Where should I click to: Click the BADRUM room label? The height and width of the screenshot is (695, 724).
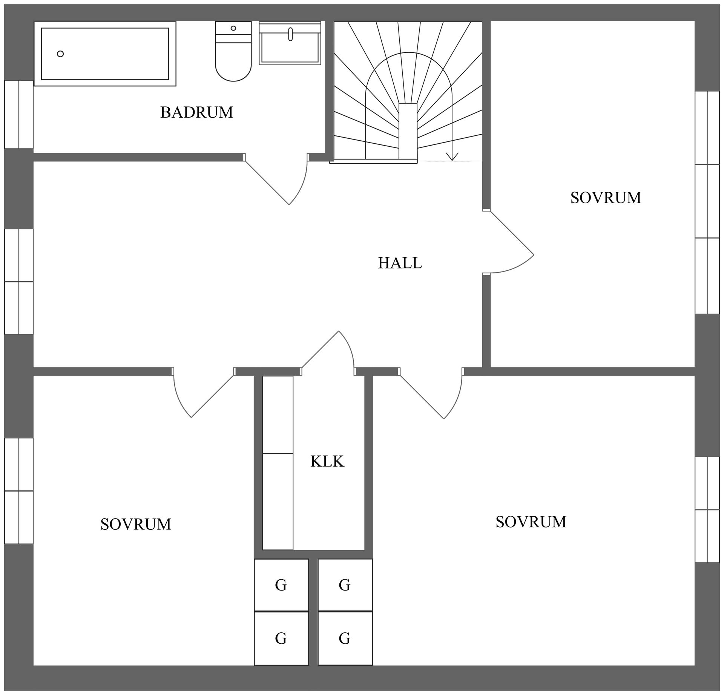coord(196,112)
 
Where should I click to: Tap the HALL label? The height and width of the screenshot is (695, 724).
coord(400,263)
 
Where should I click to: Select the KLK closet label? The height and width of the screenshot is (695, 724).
coord(327,461)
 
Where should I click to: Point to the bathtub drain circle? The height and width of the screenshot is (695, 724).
coord(60,54)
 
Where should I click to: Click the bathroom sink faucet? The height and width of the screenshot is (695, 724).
coord(290,34)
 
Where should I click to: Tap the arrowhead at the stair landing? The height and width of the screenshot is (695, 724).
coord(452,157)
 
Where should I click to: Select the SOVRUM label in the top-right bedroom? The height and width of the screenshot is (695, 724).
coord(606,198)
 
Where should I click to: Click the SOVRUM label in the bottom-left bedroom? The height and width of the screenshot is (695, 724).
coord(136,524)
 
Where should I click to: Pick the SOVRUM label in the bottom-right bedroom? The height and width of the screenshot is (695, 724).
coord(531,522)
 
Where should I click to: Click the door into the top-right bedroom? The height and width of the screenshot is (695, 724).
coord(511,233)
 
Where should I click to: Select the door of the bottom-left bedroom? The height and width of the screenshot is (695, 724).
coord(212,396)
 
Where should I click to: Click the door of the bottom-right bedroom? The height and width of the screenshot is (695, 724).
coord(422,396)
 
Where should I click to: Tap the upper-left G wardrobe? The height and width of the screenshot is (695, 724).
coord(281,585)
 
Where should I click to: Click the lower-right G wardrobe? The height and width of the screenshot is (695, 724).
coord(345,638)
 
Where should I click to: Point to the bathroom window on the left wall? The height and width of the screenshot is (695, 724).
coord(19,114)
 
